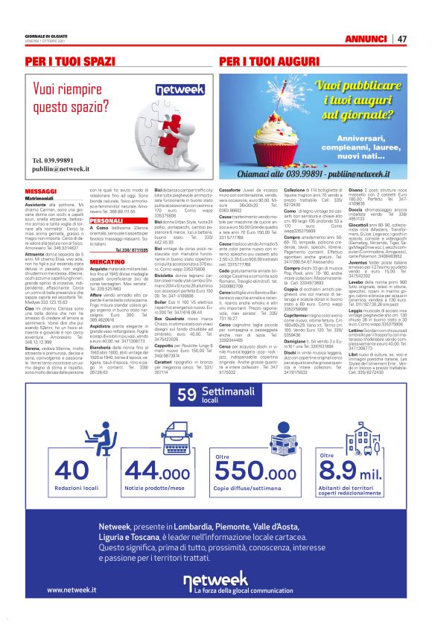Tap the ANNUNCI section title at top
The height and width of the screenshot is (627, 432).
coord(367,39)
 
